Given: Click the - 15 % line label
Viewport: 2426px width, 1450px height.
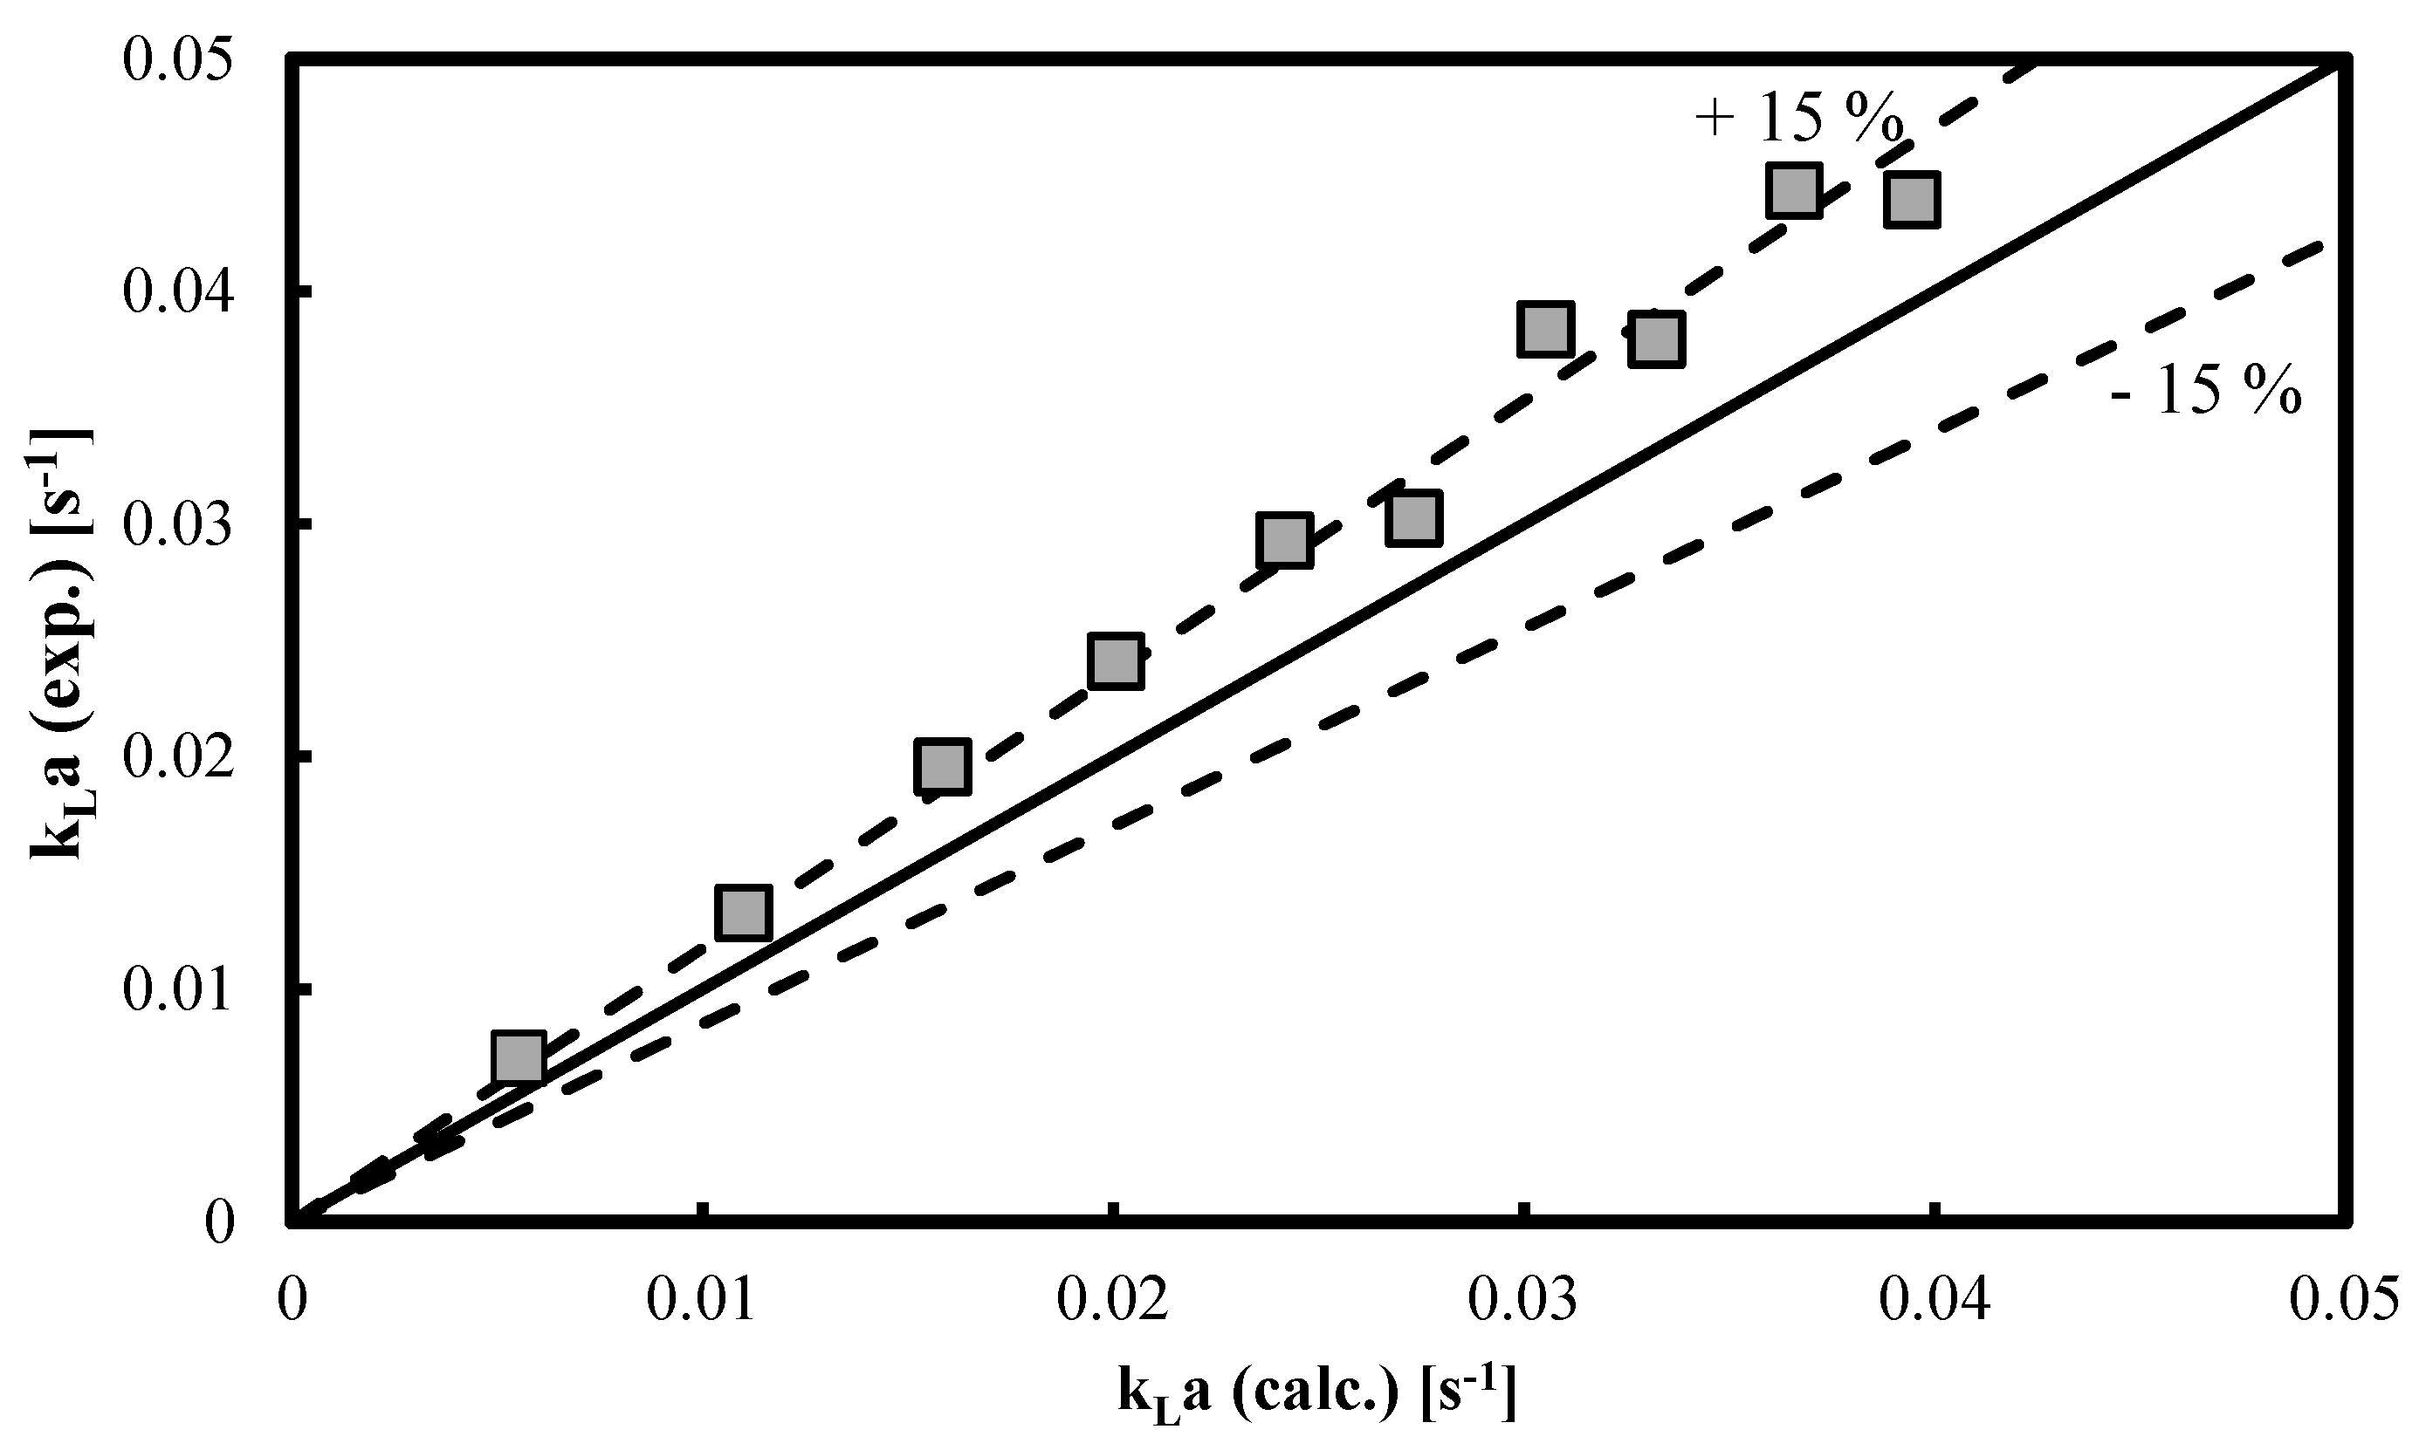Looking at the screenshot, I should click(2205, 391).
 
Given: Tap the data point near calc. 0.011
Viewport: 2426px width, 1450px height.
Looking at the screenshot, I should click(743, 913).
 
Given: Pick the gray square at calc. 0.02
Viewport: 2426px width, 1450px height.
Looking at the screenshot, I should click(1117, 660).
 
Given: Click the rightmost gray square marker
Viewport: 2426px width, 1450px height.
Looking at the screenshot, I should click(1911, 199).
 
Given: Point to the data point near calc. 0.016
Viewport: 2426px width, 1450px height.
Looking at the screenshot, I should click(942, 766).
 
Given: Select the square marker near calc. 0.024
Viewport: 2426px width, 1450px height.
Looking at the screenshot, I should click(1283, 538).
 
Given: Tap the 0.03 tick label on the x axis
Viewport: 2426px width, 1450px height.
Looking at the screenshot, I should click(1521, 1303).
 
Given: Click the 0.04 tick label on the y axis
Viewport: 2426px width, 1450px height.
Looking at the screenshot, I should click(178, 291).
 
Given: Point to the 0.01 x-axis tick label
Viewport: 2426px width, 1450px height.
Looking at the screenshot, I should click(701, 1303).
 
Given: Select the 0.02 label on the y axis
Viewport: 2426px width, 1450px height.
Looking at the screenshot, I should click(178, 756).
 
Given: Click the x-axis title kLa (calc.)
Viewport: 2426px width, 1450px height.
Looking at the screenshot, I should click(1316, 1392).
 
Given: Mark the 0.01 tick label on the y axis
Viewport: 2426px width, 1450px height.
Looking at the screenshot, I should click(178, 988).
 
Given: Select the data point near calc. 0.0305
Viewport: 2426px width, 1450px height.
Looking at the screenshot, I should click(1545, 329).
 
